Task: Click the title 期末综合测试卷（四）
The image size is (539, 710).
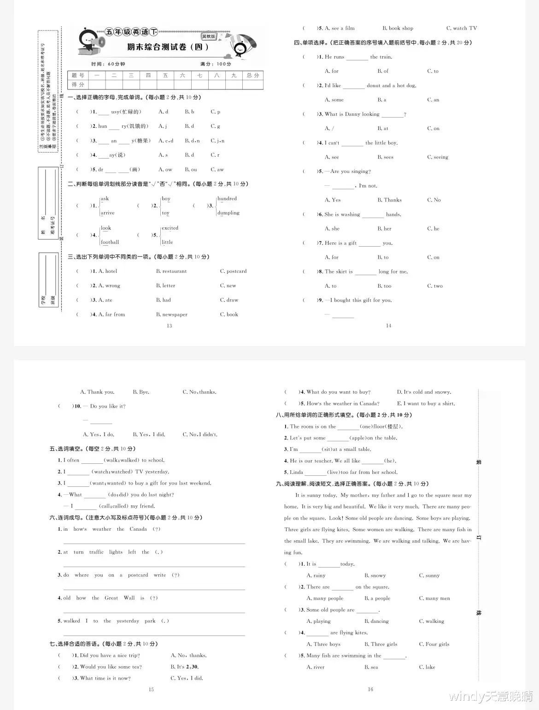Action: click(168, 47)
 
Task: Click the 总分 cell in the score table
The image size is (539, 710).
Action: click(253, 76)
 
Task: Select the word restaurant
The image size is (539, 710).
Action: click(171, 272)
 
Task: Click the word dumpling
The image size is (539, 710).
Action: click(228, 213)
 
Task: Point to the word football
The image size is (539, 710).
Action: click(110, 243)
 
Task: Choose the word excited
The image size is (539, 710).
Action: click(170, 228)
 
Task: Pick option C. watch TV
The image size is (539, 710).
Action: click(462, 28)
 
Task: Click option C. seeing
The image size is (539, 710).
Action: click(438, 157)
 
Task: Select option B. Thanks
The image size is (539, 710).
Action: click(389, 200)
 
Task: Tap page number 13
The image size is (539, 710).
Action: click(170, 326)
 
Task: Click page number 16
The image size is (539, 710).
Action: click(370, 689)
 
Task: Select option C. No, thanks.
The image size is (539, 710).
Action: click(199, 392)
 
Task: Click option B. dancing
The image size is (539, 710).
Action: click(376, 621)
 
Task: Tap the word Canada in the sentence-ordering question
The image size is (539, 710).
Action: click(138, 529)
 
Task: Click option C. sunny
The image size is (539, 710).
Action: click(429, 576)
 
